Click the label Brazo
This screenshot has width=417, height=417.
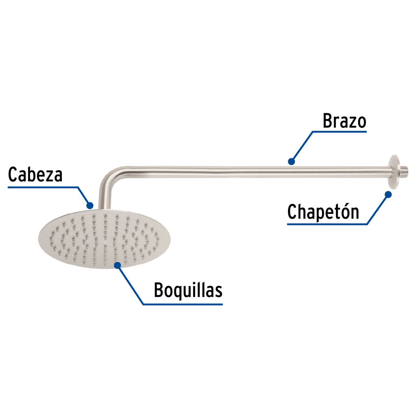click(x=345, y=121)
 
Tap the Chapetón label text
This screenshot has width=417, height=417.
click(x=323, y=212)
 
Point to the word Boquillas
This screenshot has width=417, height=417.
click(x=188, y=291)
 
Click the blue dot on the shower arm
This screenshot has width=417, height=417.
click(x=291, y=161)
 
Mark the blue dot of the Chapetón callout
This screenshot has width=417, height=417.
click(x=388, y=195)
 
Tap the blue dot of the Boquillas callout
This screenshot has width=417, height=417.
click(x=117, y=265)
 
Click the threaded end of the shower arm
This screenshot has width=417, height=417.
click(x=404, y=171)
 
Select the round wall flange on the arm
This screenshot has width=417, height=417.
click(x=394, y=171)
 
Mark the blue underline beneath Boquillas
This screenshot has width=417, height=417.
click(x=183, y=304)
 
